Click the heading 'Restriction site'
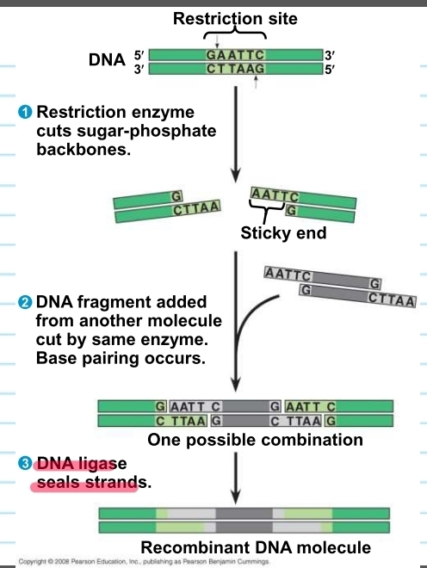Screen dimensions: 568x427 click(234, 19)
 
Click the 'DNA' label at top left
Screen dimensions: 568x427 click(107, 61)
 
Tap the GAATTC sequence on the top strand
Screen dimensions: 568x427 click(235, 55)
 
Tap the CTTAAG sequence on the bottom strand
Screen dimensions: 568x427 click(235, 69)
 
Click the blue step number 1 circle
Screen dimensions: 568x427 click(26, 113)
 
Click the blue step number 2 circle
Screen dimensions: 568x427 click(26, 302)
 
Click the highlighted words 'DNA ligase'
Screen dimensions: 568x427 click(87, 465)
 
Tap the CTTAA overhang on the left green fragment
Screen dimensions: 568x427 click(196, 207)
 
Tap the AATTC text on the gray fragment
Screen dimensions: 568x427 click(288, 274)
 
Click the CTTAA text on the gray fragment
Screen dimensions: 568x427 click(391, 300)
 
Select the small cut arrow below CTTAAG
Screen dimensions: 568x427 click(257, 83)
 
